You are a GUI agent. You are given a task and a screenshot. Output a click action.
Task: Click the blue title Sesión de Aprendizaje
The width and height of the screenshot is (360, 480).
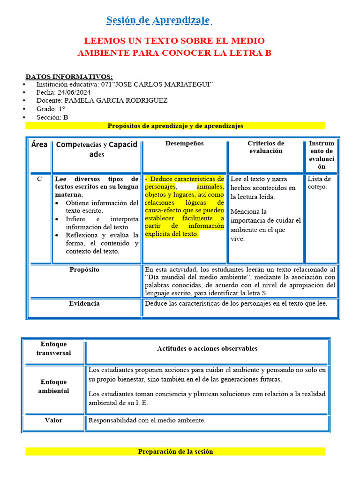tap(158, 20)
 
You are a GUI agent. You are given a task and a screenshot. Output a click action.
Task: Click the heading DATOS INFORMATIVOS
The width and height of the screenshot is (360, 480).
tap(69, 76)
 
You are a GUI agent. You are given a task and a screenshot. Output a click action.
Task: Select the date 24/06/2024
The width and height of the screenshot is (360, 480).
tap(75, 92)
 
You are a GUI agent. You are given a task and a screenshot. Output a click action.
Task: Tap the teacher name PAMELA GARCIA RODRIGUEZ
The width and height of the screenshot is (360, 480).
tap(115, 100)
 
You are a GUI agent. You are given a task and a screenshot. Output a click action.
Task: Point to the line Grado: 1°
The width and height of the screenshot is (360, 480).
tap(51, 109)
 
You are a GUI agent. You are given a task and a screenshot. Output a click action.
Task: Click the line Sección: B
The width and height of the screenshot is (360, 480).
tap(52, 117)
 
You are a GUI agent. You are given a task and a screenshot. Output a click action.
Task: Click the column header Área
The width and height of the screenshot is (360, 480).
tap(39, 144)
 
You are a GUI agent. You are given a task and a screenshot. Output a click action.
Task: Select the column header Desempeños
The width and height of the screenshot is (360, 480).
tap(184, 143)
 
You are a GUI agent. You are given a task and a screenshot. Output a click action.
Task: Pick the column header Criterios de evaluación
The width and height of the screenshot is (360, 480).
tap(265, 147)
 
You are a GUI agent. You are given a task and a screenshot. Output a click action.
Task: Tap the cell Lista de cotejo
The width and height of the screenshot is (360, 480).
tap(319, 183)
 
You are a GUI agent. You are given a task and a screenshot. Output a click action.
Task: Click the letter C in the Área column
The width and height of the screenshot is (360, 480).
tap(39, 179)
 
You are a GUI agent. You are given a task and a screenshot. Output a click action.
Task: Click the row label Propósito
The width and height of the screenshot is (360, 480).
tap(84, 270)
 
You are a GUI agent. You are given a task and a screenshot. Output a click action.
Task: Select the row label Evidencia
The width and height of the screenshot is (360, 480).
tap(84, 304)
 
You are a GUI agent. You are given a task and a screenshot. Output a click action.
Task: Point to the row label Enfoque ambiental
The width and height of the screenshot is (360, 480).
tap(53, 386)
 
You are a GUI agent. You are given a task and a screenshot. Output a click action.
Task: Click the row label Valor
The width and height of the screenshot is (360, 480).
tap(53, 420)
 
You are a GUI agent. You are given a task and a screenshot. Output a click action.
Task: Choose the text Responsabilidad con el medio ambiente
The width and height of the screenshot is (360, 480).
tap(147, 420)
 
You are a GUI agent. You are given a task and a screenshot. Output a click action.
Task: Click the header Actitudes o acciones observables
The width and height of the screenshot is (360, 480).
tap(207, 348)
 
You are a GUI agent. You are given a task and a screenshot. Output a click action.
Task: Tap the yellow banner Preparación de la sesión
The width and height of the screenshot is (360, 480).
tap(175, 451)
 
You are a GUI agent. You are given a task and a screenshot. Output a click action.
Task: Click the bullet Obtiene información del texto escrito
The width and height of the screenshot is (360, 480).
tap(102, 207)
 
